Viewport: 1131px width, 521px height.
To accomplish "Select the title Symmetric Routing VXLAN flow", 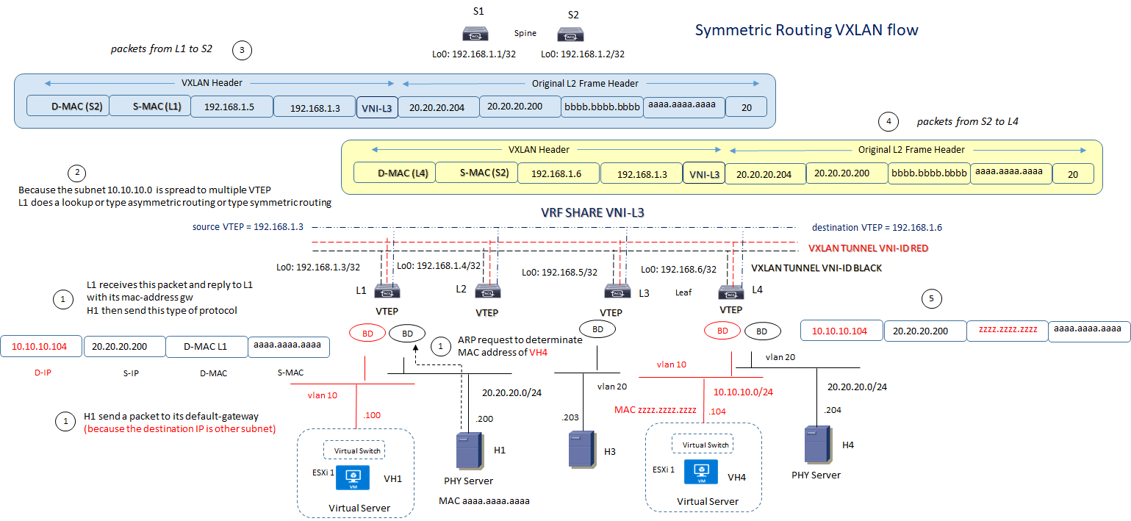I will pos(806,30).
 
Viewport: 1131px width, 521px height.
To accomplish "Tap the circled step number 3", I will pos(242,51).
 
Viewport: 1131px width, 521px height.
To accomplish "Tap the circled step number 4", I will pos(888,121).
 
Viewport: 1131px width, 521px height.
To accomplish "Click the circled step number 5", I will pos(931,298).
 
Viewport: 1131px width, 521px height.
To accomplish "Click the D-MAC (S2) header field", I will pos(68,107).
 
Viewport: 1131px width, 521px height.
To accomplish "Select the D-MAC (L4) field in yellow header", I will pos(394,173).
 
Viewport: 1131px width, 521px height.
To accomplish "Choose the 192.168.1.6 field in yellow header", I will pos(559,173).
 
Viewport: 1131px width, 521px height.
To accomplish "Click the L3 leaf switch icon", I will pos(617,291).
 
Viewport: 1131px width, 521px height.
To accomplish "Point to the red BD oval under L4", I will pos(723,331).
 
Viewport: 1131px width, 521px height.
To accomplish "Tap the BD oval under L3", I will pos(597,329).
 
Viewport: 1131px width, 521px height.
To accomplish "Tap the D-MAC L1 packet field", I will pos(207,346).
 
